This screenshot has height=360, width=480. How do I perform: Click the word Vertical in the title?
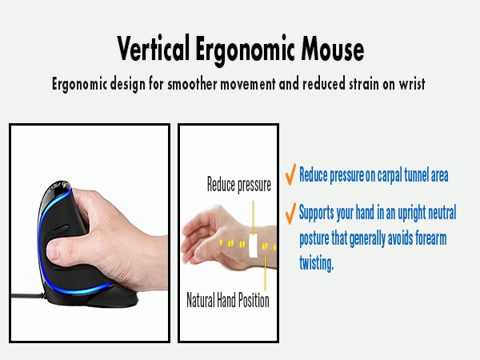coord(154,50)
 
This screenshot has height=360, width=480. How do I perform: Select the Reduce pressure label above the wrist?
coord(239,185)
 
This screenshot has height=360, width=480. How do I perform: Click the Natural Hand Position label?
coord(228,301)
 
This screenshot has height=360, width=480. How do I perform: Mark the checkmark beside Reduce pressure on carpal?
coord(290,174)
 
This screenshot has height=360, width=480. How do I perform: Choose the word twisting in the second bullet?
coord(316,262)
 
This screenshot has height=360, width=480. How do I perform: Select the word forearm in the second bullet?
coord(432,238)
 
